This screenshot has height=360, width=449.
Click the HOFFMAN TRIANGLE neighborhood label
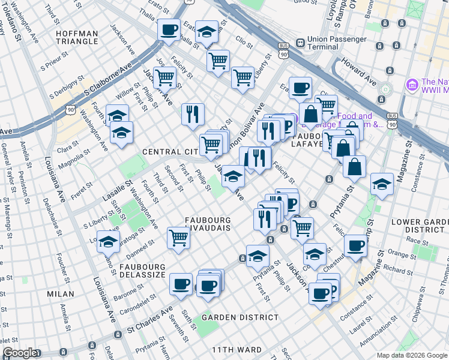point(76,37)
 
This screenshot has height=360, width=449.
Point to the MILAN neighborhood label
point(60,294)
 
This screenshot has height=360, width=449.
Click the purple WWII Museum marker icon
point(412,85)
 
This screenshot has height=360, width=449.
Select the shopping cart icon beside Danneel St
point(179,238)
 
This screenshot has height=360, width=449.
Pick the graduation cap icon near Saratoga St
point(108,242)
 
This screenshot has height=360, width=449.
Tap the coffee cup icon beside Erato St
point(169,29)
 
